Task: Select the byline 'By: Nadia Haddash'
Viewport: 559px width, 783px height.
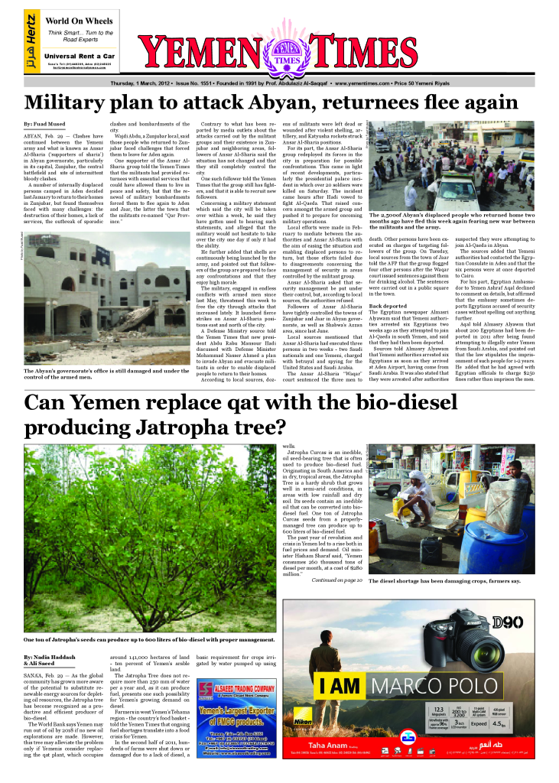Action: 49,657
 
